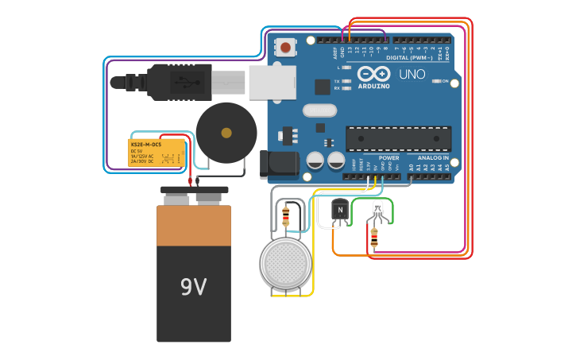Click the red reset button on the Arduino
click(x=285, y=47)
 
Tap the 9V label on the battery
click(x=193, y=287)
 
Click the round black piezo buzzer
click(x=226, y=133)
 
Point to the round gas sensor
click(x=285, y=263)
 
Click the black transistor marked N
click(x=339, y=211)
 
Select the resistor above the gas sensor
click(x=286, y=215)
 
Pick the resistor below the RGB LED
click(x=374, y=235)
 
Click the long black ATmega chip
click(x=398, y=138)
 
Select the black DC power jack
click(x=280, y=165)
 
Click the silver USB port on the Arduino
click(x=273, y=82)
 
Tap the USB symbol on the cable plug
click(x=181, y=81)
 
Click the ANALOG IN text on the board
click(x=433, y=157)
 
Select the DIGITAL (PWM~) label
click(x=409, y=57)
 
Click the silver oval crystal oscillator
click(x=319, y=110)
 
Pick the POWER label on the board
click(x=389, y=157)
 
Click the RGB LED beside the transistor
click(x=377, y=210)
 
